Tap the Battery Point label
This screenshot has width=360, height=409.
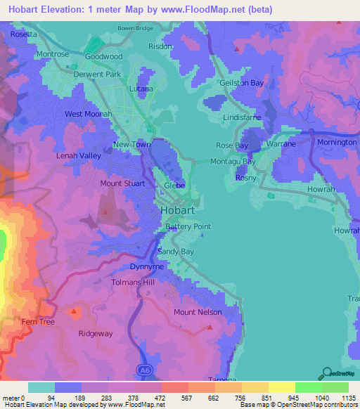(x=188, y=227)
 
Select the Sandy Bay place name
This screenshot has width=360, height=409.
(x=176, y=251)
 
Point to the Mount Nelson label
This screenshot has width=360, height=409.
(x=198, y=312)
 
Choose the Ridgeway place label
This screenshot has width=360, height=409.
(x=96, y=335)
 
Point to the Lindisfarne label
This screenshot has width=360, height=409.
(x=243, y=118)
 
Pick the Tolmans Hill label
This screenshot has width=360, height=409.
(x=133, y=282)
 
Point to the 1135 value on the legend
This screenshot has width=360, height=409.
(x=348, y=397)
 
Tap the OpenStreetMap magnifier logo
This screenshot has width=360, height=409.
(x=326, y=374)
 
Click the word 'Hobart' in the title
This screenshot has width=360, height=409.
(x=25, y=10)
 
